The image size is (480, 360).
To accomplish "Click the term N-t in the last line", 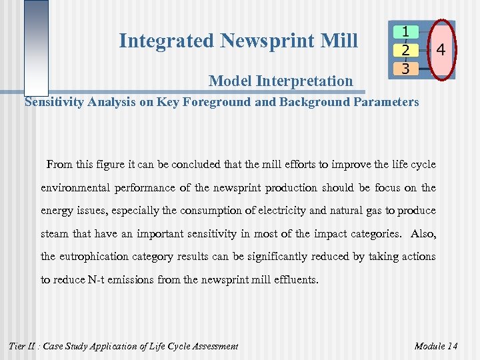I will point(95,280).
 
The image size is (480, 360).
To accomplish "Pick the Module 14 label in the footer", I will point(436,346).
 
